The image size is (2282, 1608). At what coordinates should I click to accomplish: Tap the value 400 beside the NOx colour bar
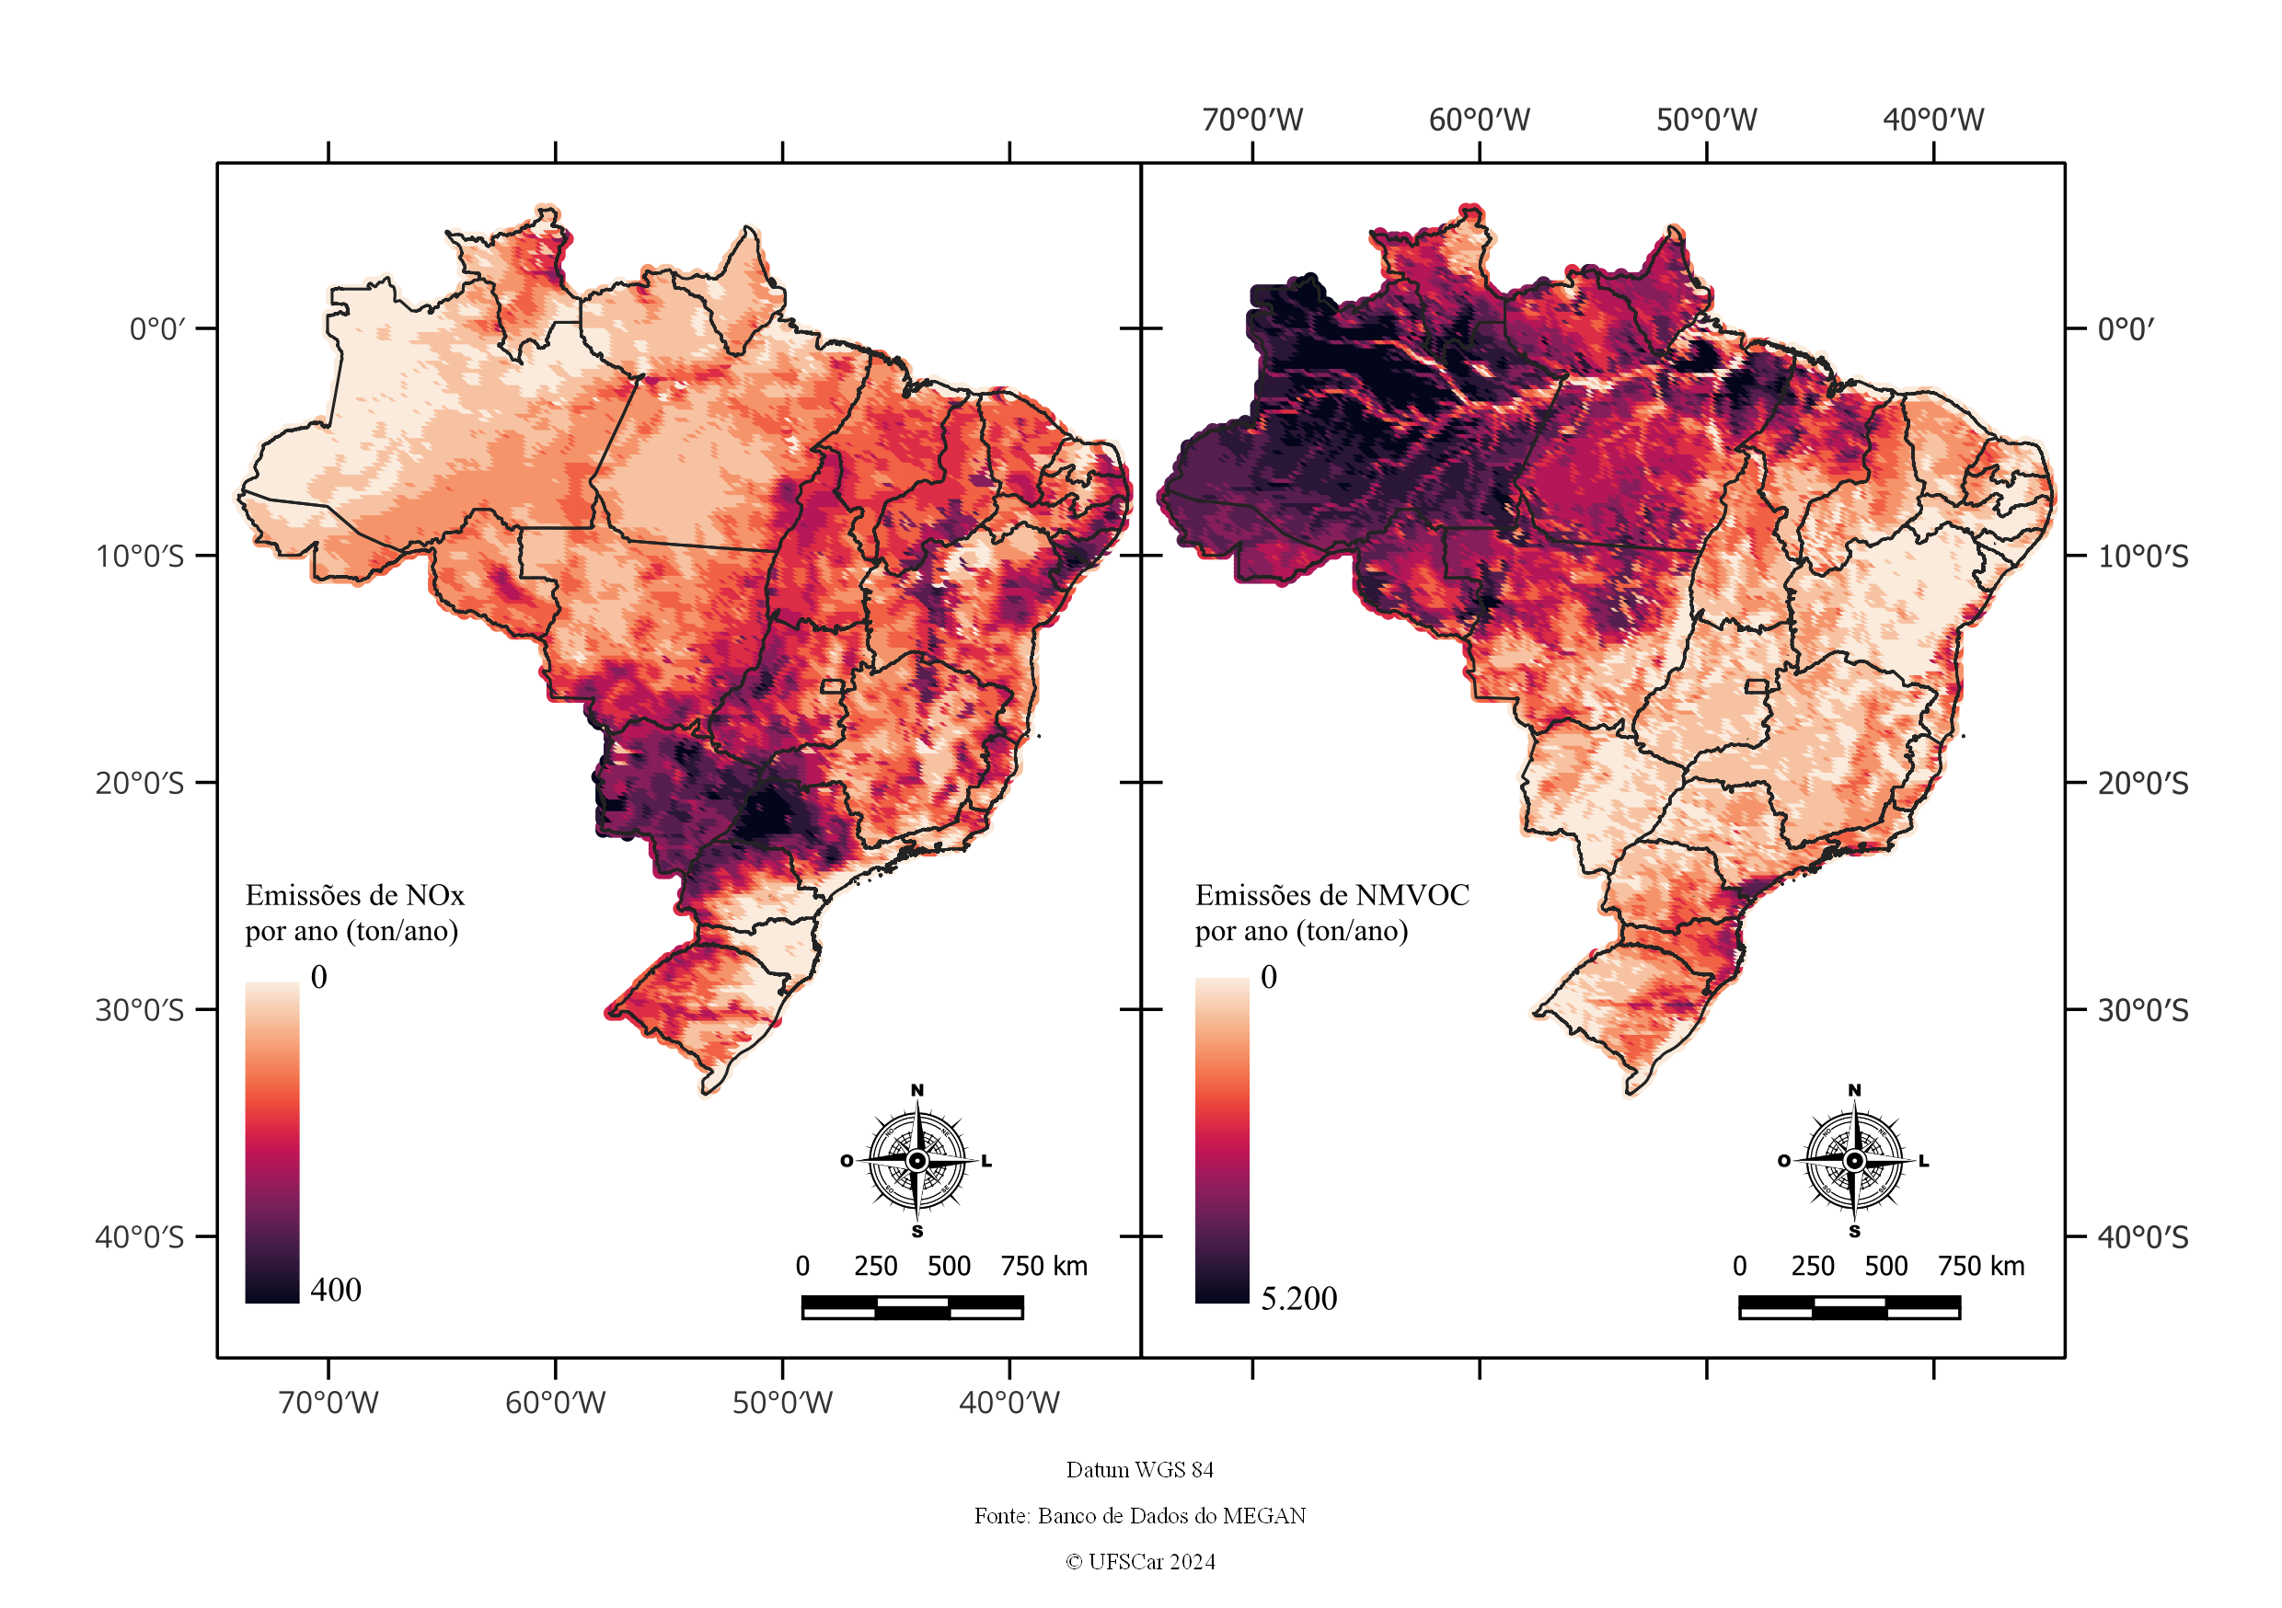(x=336, y=1289)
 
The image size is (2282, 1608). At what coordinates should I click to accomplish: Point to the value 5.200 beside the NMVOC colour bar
(x=1299, y=1298)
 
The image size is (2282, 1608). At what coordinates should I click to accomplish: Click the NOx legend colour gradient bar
(x=272, y=1142)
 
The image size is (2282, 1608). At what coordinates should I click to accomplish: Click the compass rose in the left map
(x=916, y=1161)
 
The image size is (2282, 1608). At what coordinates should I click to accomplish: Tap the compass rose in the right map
(x=1853, y=1161)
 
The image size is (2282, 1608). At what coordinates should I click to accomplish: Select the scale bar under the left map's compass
(x=913, y=1307)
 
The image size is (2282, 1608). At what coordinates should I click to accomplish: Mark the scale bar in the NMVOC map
(x=1850, y=1307)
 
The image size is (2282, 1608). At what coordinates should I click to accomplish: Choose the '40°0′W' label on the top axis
(x=1933, y=121)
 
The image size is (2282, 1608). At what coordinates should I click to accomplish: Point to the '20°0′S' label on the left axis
(x=140, y=783)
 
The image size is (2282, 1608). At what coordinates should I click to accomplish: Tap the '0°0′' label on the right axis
(x=2126, y=329)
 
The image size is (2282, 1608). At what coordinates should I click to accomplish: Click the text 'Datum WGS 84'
(x=1140, y=1469)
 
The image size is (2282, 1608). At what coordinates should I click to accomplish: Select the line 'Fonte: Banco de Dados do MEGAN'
(x=1140, y=1516)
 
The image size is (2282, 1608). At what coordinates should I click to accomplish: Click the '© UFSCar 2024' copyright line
(x=1140, y=1561)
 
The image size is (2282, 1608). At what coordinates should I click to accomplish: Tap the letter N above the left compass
(x=916, y=1090)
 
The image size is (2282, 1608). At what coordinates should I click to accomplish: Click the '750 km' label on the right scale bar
(x=1981, y=1266)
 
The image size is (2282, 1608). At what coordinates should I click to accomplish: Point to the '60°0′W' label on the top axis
(x=1479, y=121)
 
